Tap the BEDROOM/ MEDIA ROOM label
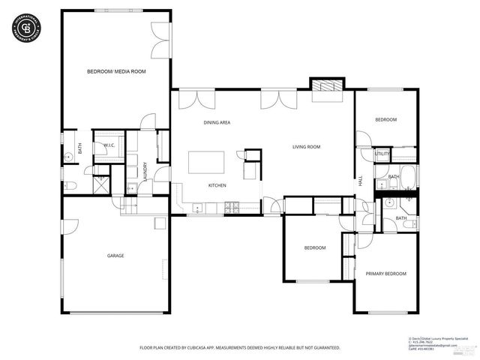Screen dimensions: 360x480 coord(116,71)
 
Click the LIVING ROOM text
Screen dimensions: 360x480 coord(306,147)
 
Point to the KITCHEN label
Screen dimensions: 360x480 coord(217,185)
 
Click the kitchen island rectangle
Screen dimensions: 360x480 coord(206,163)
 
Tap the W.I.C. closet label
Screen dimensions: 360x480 coord(108,145)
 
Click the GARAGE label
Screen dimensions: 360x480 coord(115,256)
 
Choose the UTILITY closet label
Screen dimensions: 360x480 coord(382,154)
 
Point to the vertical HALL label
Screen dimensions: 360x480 coord(360,181)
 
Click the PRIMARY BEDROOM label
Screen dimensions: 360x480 coord(385,274)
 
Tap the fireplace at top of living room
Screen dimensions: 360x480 coord(326,85)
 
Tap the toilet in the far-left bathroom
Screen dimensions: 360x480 coord(67,184)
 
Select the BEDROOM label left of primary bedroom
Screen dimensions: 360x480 coord(314,247)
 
